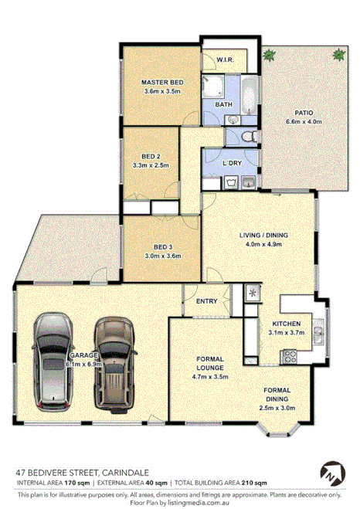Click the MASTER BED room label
161,82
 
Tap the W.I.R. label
226,59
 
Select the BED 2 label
151,154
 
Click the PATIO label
303,113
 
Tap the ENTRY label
206,301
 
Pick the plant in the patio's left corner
269,55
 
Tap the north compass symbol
329,473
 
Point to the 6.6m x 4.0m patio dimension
303,121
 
